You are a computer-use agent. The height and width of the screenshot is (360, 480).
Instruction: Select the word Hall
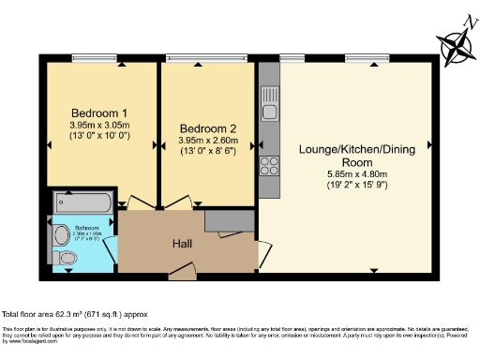pyautogui.click(x=183, y=243)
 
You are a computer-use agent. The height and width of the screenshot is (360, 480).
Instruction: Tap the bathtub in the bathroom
pyautogui.click(x=83, y=202)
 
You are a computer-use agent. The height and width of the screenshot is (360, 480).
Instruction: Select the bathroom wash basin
pyautogui.click(x=61, y=232)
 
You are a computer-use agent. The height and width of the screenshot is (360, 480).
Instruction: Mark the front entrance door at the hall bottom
pyautogui.click(x=182, y=272)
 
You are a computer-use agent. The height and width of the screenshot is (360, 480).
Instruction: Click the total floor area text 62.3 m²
pyautogui.click(x=75, y=314)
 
